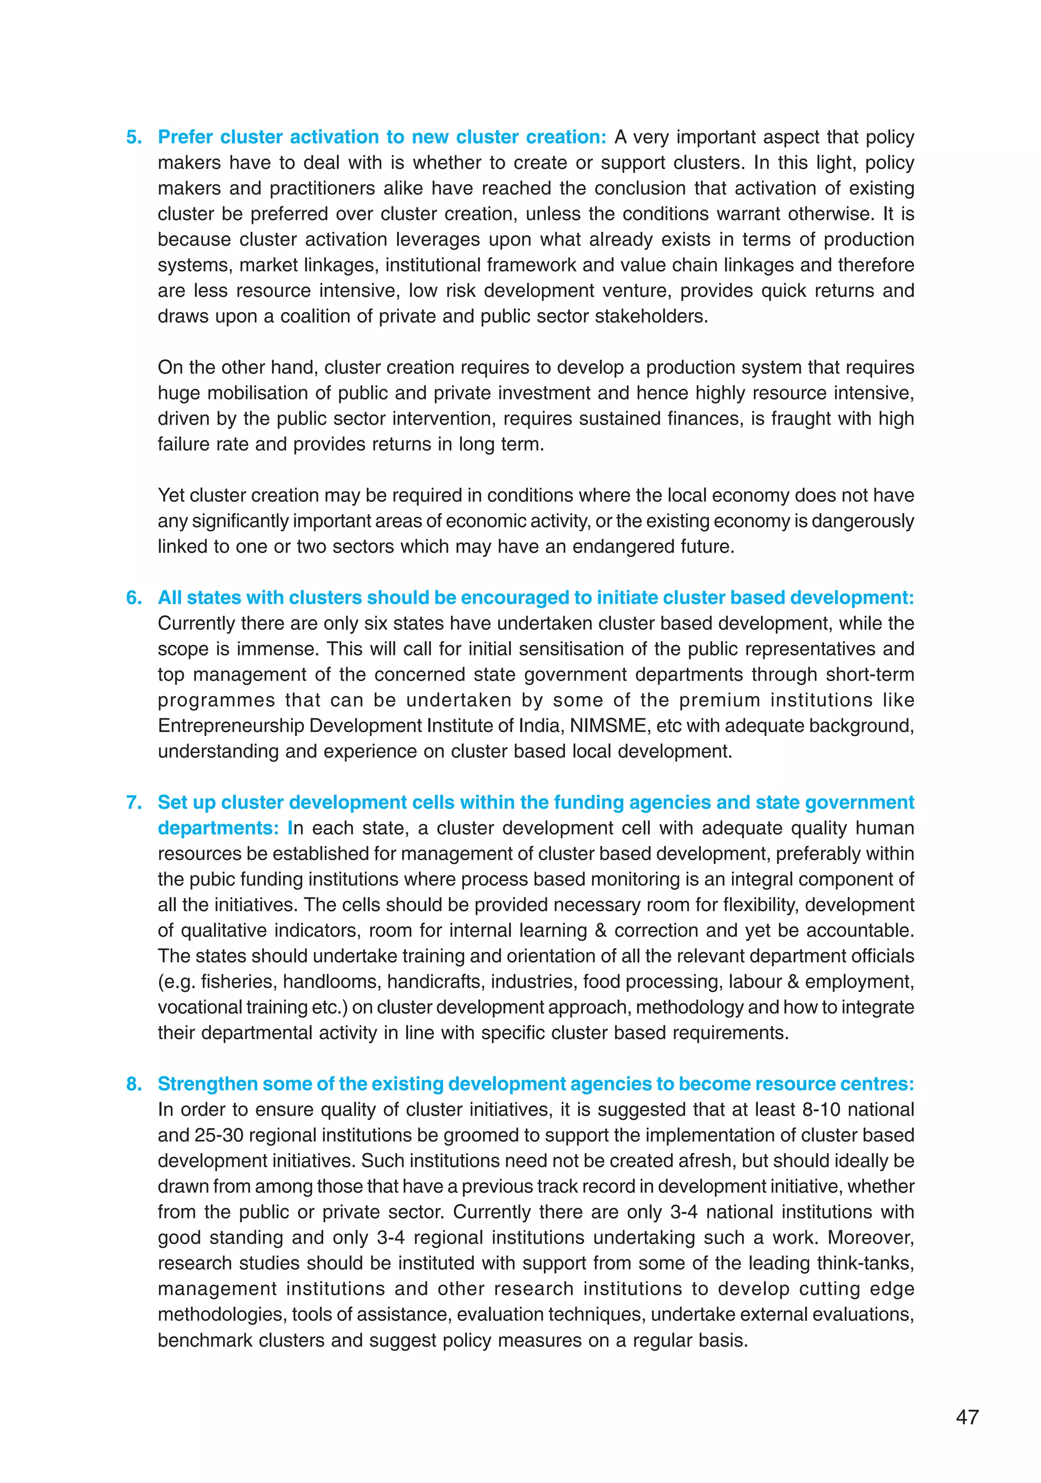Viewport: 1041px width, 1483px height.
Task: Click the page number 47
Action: (x=967, y=1416)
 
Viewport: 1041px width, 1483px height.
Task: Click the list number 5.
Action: (x=133, y=137)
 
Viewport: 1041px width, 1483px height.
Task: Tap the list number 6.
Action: (x=133, y=597)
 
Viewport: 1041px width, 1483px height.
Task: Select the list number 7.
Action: (x=133, y=802)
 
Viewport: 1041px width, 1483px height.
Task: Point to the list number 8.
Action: (x=133, y=1084)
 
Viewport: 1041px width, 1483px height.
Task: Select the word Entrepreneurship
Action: (x=231, y=725)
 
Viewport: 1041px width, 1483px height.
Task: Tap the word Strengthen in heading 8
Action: (x=207, y=1084)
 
